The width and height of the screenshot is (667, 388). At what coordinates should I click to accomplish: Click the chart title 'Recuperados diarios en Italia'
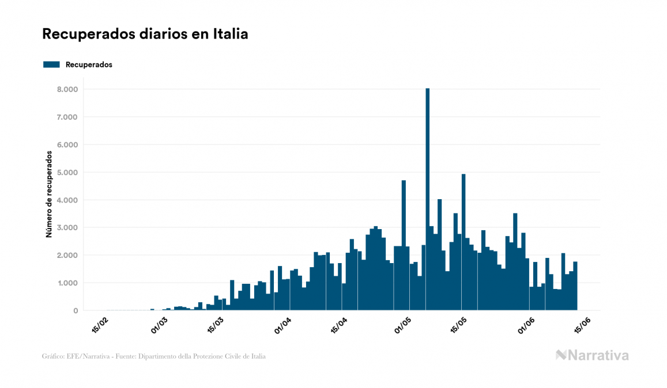pos(145,34)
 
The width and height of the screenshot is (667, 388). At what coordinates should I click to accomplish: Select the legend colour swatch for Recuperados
pos(51,64)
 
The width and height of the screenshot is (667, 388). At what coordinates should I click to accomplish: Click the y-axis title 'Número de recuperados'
pos(50,195)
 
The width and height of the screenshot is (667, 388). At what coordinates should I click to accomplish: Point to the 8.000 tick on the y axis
pos(67,89)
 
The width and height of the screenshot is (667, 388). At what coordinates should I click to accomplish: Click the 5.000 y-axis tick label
pos(67,172)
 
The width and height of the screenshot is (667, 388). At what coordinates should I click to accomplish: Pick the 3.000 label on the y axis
pos(67,227)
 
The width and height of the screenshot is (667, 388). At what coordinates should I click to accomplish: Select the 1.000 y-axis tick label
pos(67,283)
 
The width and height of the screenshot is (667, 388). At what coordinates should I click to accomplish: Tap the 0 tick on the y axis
pos(75,310)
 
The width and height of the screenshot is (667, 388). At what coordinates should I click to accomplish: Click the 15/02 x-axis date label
pos(100,325)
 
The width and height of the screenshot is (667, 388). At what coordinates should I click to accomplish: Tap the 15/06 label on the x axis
pos(581,325)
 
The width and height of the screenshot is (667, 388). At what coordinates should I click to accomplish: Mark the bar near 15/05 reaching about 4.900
pos(463,242)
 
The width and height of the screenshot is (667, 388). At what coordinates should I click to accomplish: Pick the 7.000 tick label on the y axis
pos(67,117)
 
